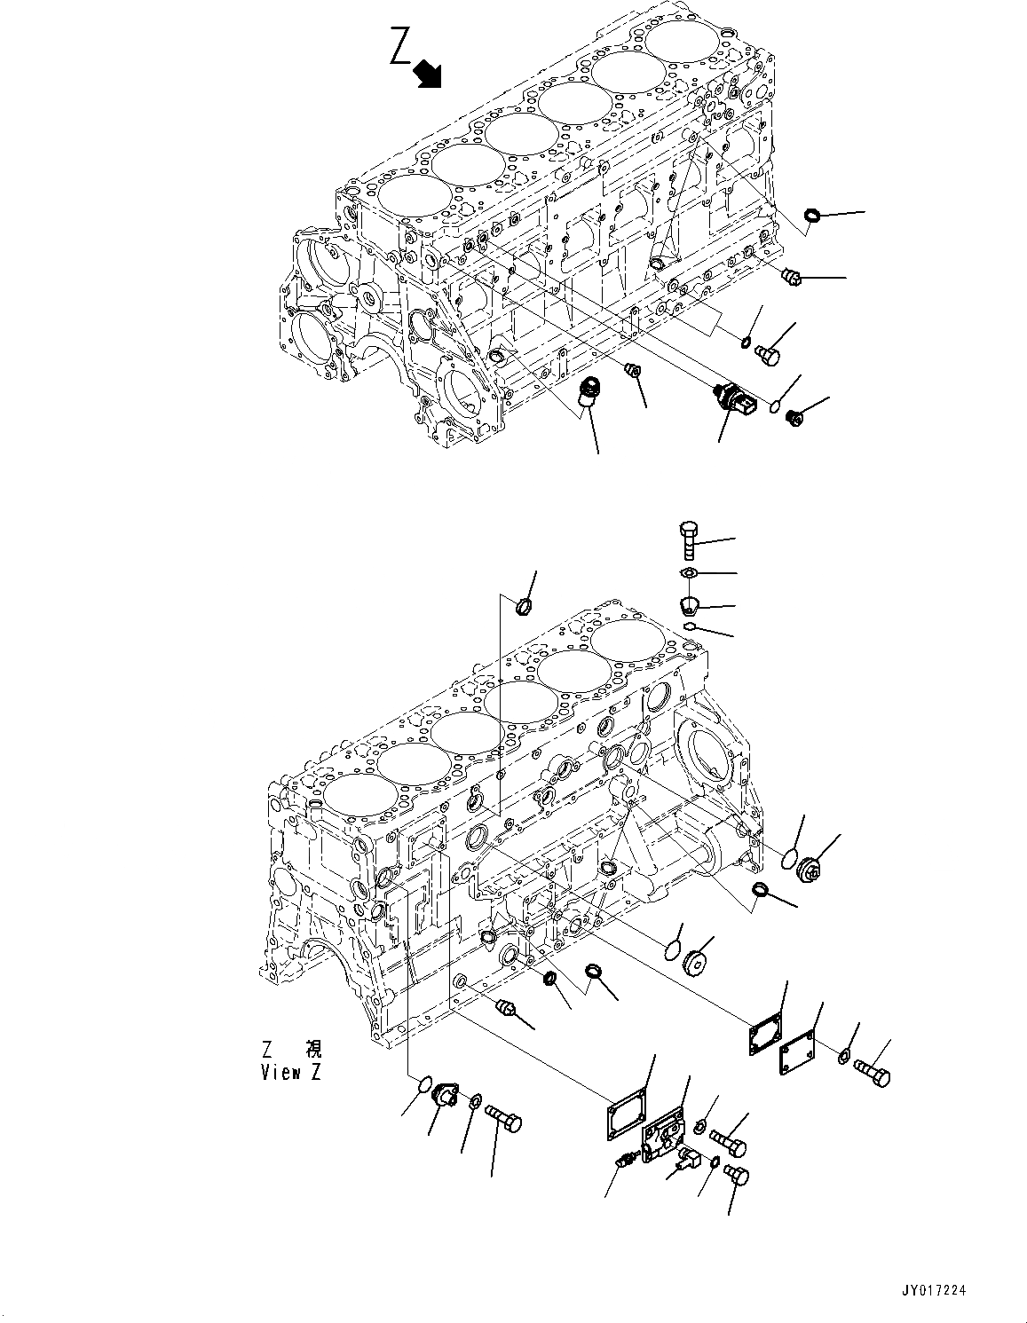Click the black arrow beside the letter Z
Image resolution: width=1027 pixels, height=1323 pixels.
pos(429,75)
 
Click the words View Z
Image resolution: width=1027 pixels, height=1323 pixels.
pos(290,1072)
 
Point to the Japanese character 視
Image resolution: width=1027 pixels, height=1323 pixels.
pos(313,1050)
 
